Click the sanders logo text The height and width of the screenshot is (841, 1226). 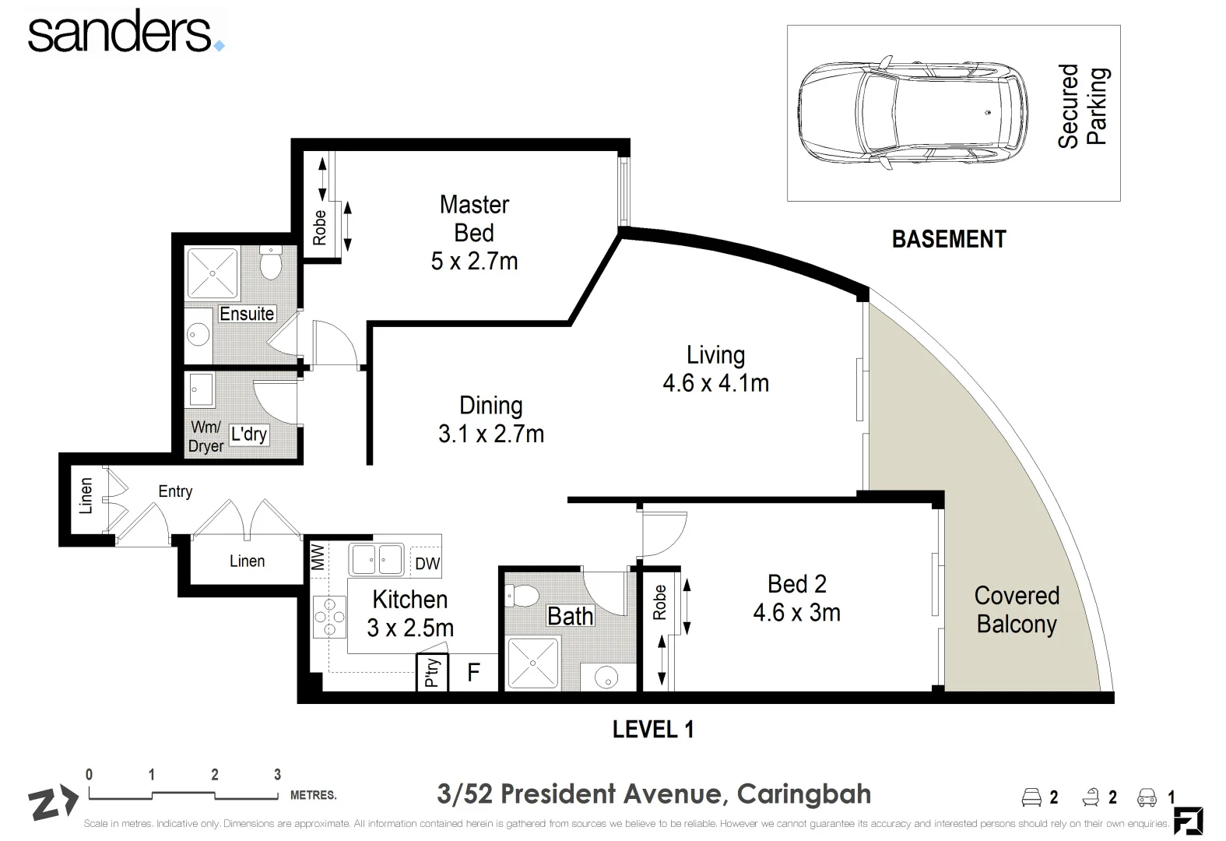point(121,33)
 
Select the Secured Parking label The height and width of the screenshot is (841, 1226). point(1082,107)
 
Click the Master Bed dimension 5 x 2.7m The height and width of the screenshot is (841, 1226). point(474,262)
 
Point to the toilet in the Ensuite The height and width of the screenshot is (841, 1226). point(270,262)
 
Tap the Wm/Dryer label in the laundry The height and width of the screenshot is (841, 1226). point(206,437)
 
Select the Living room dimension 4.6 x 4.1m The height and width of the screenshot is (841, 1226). point(715,383)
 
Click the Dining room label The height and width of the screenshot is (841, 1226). point(490,405)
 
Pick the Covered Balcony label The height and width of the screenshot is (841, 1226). point(1017,610)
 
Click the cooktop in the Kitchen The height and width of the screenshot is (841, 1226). point(329,618)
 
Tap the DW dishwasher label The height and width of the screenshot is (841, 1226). point(427,564)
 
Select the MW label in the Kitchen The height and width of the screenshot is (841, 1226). point(318,558)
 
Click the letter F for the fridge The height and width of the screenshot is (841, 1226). point(473,673)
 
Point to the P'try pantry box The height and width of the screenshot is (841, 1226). point(430,673)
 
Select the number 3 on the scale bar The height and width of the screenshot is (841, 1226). point(277,774)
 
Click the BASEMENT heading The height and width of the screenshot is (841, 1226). point(948,239)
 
